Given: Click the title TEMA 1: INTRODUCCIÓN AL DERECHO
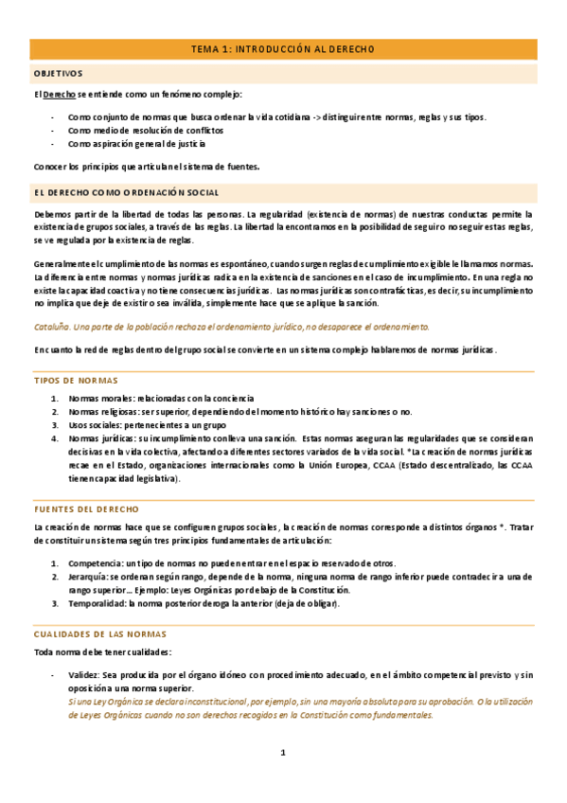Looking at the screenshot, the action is [x=283, y=49].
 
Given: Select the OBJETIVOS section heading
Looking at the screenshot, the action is [x=59, y=73].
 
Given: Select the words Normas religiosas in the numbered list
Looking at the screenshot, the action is [x=102, y=413].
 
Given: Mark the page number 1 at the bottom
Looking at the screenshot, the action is [x=282, y=754].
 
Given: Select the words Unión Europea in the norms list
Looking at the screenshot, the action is [x=344, y=466].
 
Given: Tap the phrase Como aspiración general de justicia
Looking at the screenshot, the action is [x=135, y=144].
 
